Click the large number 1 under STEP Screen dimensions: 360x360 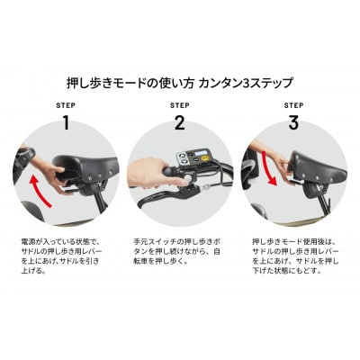(65, 122)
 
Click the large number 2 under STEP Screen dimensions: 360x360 (179, 122)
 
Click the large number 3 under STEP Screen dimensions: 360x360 (293, 122)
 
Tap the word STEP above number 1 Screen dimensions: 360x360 (65, 104)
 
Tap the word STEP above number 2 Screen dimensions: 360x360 (179, 104)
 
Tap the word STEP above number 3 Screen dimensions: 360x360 (293, 104)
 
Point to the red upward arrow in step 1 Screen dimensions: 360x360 (39, 192)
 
